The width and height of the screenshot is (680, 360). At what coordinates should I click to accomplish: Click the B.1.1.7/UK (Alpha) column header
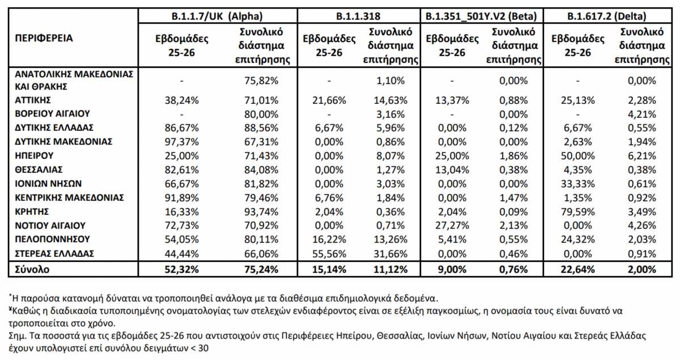(x=217, y=16)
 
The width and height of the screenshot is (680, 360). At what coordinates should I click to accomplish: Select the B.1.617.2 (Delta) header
(x=606, y=16)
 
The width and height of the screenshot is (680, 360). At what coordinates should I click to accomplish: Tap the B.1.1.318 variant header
(x=358, y=16)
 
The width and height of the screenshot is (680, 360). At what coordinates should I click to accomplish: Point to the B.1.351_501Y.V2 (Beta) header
(x=481, y=16)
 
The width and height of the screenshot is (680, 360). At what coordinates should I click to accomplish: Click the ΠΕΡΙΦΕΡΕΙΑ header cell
(x=44, y=39)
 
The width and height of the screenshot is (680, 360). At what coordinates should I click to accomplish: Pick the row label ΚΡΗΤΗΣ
(x=32, y=211)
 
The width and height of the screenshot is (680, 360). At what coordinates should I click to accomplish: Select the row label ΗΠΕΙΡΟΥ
(x=34, y=155)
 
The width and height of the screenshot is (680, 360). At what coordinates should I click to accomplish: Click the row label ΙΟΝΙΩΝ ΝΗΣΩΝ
(x=48, y=184)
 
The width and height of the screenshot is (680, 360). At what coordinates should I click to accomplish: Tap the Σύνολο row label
(x=32, y=269)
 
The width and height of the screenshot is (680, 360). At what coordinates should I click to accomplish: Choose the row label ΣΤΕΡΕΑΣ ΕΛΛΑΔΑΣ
(x=54, y=253)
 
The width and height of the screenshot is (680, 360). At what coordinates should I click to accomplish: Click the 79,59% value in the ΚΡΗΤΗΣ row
(x=577, y=211)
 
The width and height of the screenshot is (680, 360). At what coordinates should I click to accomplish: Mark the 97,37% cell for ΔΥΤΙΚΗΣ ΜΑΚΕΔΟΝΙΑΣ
(x=181, y=142)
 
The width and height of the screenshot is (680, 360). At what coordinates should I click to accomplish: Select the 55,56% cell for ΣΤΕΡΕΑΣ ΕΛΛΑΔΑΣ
(x=329, y=253)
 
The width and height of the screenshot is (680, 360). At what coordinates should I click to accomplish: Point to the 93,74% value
(x=261, y=211)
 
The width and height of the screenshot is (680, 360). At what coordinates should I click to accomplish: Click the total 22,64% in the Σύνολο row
(x=577, y=269)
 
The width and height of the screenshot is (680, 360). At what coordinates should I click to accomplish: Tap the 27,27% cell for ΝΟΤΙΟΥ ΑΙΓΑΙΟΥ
(x=452, y=226)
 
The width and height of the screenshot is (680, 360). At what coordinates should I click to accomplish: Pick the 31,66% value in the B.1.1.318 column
(x=390, y=253)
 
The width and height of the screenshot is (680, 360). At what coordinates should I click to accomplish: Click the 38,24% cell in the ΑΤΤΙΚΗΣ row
(x=181, y=100)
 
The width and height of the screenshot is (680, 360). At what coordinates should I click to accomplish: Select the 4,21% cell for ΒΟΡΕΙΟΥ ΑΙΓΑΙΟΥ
(x=641, y=115)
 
